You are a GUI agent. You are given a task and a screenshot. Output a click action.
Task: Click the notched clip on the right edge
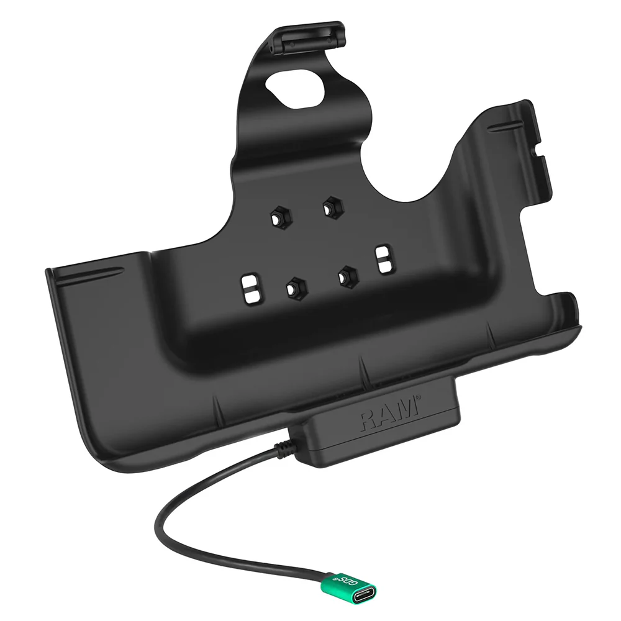[x=539, y=158]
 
